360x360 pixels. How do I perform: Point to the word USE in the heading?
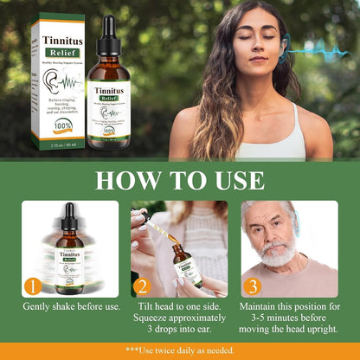point(234,181)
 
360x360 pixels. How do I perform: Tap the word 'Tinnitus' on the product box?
point(58,38)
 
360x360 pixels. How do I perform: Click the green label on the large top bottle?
point(108,104)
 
